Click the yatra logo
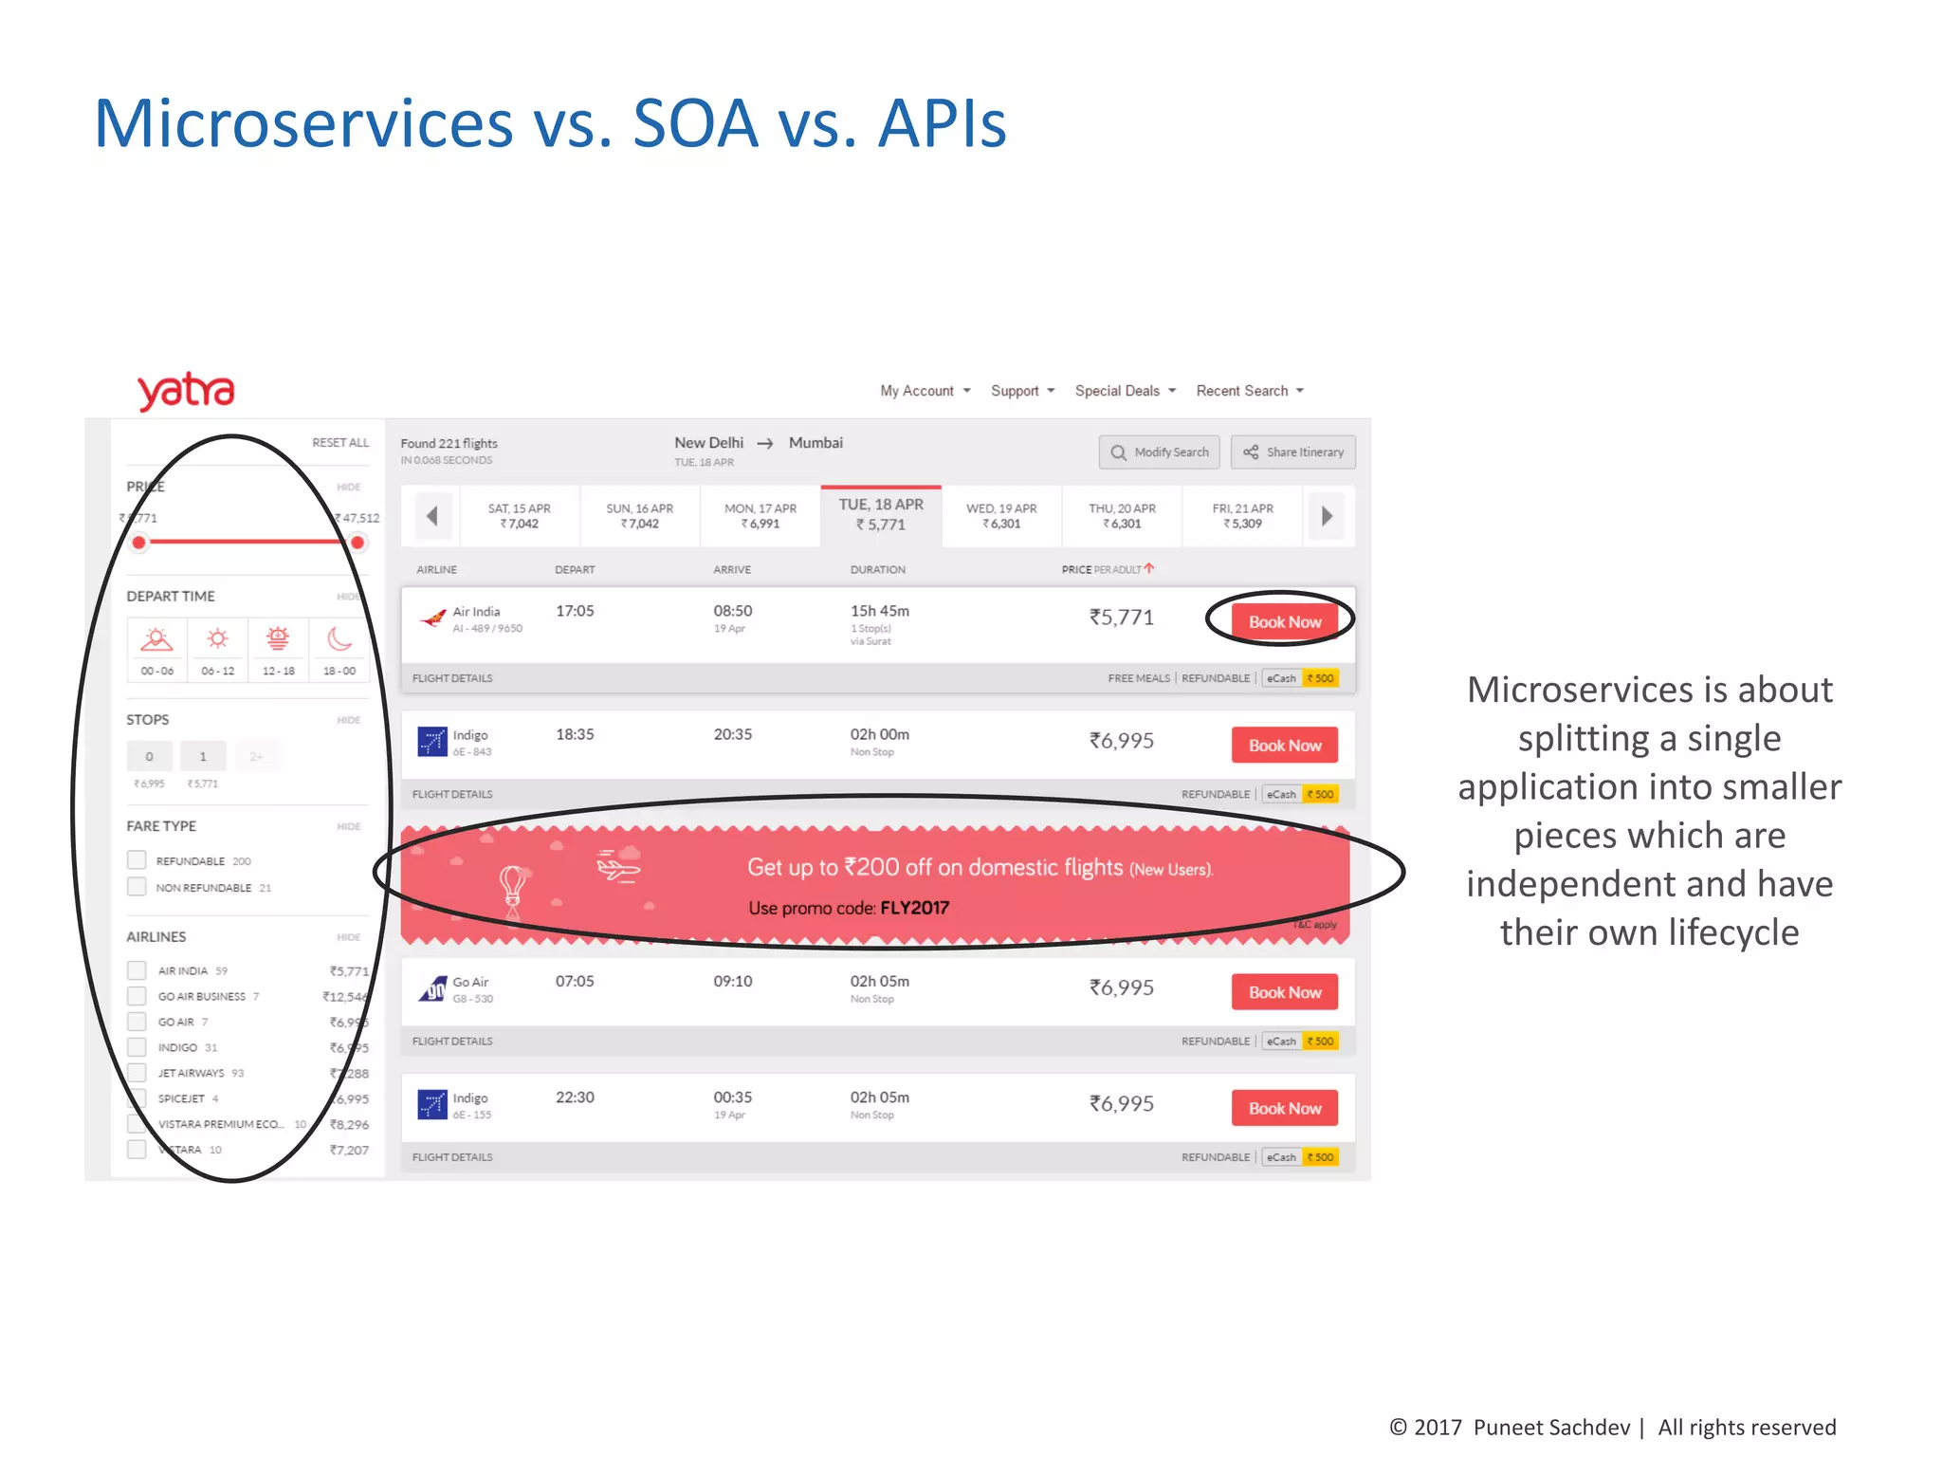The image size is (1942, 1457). click(x=186, y=391)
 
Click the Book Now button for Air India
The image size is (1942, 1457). click(x=1284, y=622)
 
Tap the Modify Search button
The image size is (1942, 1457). click(x=1160, y=452)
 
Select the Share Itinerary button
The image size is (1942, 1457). click(x=1293, y=452)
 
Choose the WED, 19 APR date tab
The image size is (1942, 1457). click(x=1001, y=516)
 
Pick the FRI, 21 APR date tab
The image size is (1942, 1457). click(x=1242, y=516)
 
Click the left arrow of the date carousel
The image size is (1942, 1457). click(x=431, y=516)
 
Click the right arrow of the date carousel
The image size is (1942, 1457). click(x=1327, y=516)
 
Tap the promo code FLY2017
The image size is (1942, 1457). click(x=914, y=908)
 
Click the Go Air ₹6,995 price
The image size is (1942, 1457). click(x=1121, y=987)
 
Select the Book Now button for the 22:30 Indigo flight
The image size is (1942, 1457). click(x=1284, y=1108)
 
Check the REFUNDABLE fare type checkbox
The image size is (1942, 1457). click(x=137, y=860)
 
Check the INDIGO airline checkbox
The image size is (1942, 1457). click(x=137, y=1047)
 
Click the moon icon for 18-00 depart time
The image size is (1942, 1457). click(x=339, y=639)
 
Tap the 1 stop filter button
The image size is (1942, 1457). click(x=203, y=756)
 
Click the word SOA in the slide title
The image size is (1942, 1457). click(x=695, y=124)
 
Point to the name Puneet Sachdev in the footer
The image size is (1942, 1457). click(x=1551, y=1428)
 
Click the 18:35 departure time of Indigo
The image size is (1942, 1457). click(x=575, y=734)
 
